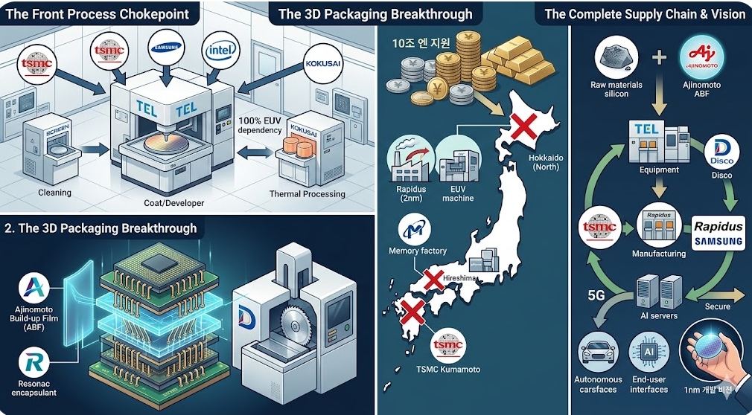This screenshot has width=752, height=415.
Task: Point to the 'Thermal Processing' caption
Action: [308, 194]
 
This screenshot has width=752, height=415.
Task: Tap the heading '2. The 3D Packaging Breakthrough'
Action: [100, 227]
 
